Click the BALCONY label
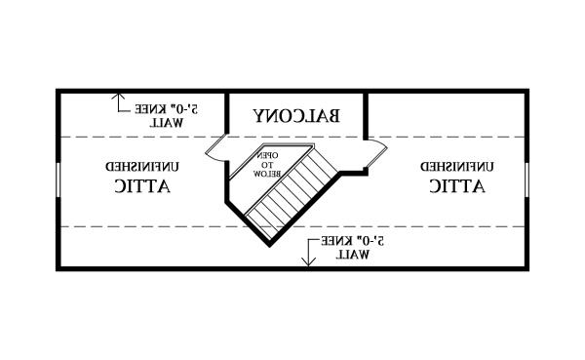pos(296,116)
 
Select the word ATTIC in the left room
pos(142,185)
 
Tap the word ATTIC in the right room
pos(457,185)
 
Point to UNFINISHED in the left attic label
pos(142,167)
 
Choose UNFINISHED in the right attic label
pos(457,167)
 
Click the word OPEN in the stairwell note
pos(267,155)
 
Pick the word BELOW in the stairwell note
pos(267,174)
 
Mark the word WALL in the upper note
pos(167,123)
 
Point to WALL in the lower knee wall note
pos(353,255)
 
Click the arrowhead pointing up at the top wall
pos(118,97)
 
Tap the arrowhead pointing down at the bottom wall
pos(308,261)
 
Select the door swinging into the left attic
pos(215,148)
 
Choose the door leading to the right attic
pos(376,153)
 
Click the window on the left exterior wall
pos(58,180)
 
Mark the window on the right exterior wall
pos(526,180)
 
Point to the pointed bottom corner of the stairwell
pos(270,246)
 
